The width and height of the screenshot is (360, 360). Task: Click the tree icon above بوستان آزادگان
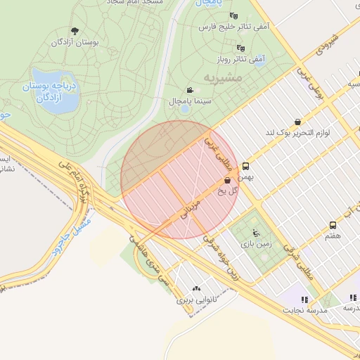(x=75, y=31)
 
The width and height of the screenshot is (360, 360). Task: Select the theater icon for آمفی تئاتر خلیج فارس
(x=233, y=15)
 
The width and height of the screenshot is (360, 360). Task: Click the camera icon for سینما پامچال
(x=190, y=90)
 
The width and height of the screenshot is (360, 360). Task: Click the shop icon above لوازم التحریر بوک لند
(x=297, y=121)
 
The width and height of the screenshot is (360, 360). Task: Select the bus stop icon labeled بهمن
(x=245, y=167)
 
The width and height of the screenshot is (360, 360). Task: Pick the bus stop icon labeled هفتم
(x=333, y=226)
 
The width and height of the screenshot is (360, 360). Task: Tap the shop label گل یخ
(x=229, y=190)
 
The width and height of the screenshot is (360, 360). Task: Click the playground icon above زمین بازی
(x=255, y=232)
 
